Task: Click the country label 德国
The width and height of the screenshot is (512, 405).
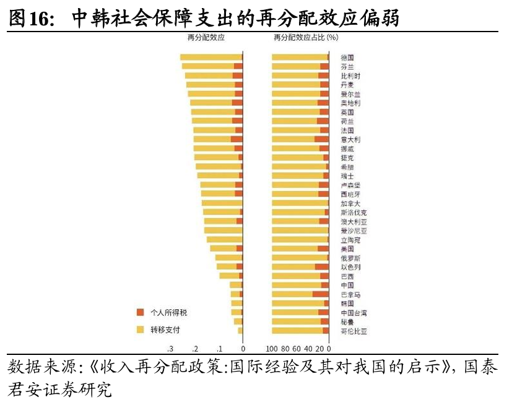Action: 347,58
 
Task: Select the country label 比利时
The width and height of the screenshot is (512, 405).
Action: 350,76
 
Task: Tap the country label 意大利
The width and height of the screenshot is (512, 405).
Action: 350,140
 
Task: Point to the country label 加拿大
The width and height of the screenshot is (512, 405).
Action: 350,203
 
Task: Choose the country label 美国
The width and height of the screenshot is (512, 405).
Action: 347,249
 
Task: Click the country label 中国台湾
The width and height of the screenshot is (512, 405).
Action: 354,313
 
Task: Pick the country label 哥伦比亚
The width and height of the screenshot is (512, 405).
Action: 354,331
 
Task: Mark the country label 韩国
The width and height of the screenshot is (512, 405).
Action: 347,304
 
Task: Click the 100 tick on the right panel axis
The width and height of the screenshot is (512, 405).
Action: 272,349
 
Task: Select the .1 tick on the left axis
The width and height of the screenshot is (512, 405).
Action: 219,349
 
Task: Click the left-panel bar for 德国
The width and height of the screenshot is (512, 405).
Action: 211,58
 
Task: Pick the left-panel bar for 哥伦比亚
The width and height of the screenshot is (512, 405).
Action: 240,331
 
